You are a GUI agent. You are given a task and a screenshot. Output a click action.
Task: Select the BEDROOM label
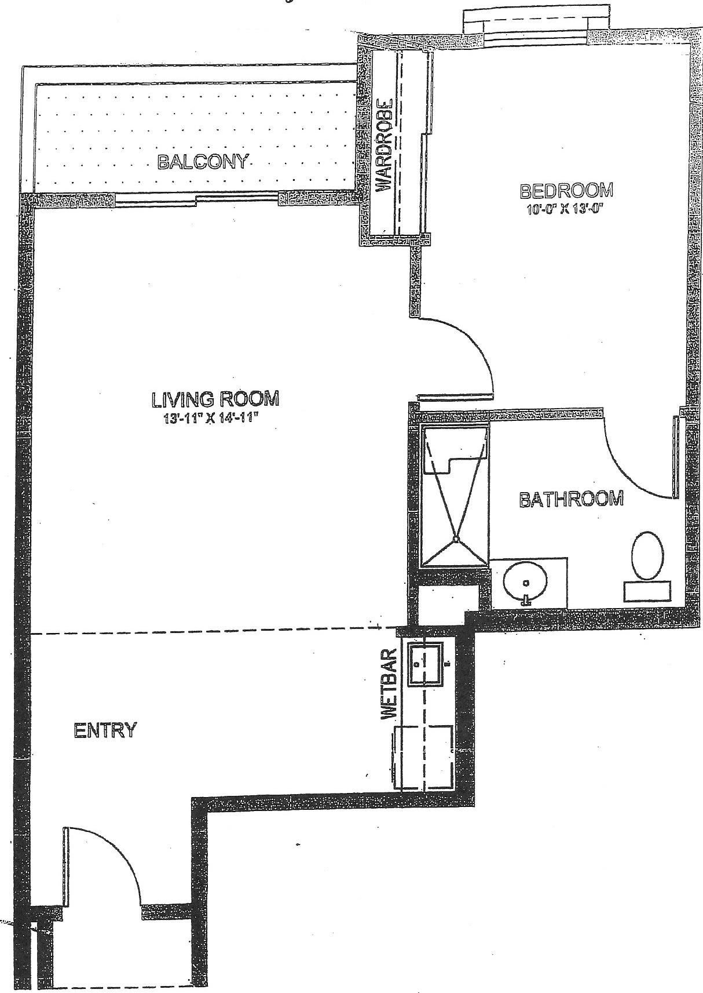(566, 191)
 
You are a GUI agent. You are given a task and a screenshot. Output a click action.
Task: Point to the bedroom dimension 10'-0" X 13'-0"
(566, 209)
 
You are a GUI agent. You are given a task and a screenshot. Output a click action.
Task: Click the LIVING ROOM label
(215, 399)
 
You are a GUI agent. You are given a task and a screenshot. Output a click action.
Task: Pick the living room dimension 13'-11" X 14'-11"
(211, 419)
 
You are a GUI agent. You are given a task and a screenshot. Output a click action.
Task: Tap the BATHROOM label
(572, 499)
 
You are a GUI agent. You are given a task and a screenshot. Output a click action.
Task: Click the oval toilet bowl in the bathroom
(647, 555)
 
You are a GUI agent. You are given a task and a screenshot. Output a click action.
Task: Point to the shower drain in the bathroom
(455, 539)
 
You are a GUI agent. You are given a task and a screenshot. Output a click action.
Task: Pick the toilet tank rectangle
(647, 592)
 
